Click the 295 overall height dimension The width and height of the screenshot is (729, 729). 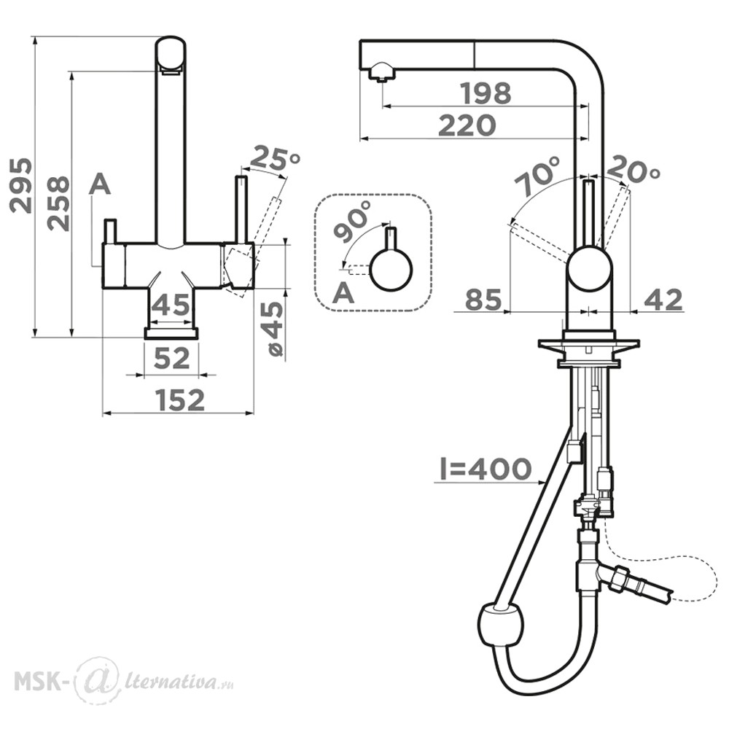pyautogui.click(x=21, y=185)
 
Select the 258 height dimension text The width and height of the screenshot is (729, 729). pyautogui.click(x=58, y=203)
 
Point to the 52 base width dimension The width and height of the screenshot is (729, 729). pyautogui.click(x=171, y=358)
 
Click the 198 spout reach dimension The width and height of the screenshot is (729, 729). pyautogui.click(x=486, y=93)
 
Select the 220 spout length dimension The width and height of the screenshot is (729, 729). pyautogui.click(x=467, y=125)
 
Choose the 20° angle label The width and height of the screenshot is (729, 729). pyautogui.click(x=634, y=168)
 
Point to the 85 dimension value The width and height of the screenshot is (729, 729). pyautogui.click(x=483, y=300)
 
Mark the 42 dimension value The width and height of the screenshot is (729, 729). pyautogui.click(x=663, y=300)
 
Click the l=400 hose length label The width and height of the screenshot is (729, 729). pyautogui.click(x=486, y=468)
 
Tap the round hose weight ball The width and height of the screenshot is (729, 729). pyautogui.click(x=500, y=625)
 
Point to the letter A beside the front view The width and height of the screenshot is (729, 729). pyautogui.click(x=100, y=184)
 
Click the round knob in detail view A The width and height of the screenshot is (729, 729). pyautogui.click(x=391, y=270)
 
